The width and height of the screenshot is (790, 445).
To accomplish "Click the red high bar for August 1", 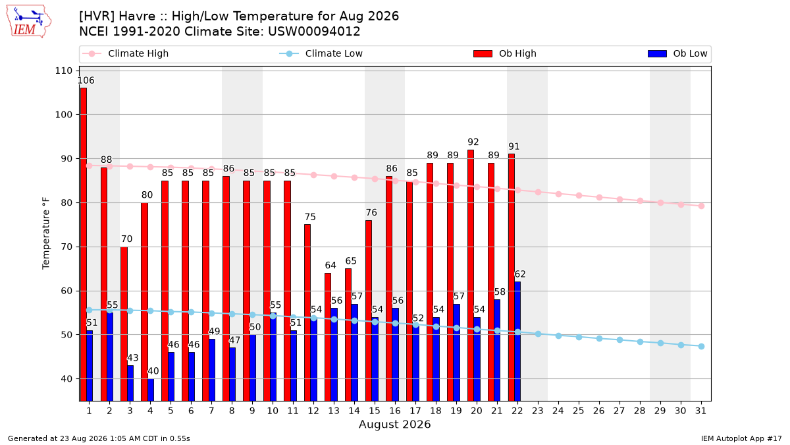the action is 83,244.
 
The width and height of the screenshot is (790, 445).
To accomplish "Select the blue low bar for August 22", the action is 517,341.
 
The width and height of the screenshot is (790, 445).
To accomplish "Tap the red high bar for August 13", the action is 328,337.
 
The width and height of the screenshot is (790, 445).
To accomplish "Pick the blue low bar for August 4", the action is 151,390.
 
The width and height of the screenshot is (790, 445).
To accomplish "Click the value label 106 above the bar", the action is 86,80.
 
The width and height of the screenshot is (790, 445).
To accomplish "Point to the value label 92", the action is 473,142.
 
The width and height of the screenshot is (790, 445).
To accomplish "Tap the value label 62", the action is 520,274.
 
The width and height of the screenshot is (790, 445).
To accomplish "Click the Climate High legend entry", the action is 126,53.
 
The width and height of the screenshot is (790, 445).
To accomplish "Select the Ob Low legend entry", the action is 677,53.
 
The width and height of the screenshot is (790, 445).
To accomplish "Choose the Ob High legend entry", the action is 505,53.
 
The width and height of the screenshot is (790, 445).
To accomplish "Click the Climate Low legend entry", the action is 321,53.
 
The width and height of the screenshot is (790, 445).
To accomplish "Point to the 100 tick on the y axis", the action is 63,115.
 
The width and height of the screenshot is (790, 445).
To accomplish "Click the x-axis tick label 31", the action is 700,411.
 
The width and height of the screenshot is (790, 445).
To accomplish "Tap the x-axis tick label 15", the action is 375,411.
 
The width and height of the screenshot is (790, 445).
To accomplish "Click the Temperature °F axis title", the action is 46,233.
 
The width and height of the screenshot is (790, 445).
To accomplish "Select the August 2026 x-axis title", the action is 394,424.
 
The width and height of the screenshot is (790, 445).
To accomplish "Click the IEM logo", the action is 29,22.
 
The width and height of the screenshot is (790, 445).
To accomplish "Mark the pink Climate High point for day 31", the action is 701,206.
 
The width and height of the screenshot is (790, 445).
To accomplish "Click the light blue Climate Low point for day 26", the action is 599,338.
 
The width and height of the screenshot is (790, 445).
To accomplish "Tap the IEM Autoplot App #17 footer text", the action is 741,438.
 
